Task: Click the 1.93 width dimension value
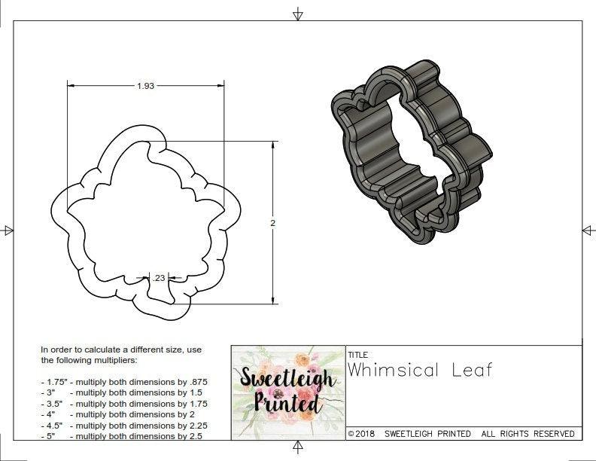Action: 145,86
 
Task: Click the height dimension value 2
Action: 272,223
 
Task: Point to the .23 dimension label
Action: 159,278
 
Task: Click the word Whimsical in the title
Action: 391,369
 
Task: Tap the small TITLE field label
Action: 358,354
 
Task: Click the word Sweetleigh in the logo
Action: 287,379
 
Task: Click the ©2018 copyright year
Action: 363,434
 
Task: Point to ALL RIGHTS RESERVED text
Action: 528,434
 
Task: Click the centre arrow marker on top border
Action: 299,14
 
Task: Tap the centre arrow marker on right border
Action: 588,230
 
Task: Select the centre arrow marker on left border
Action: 8,230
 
